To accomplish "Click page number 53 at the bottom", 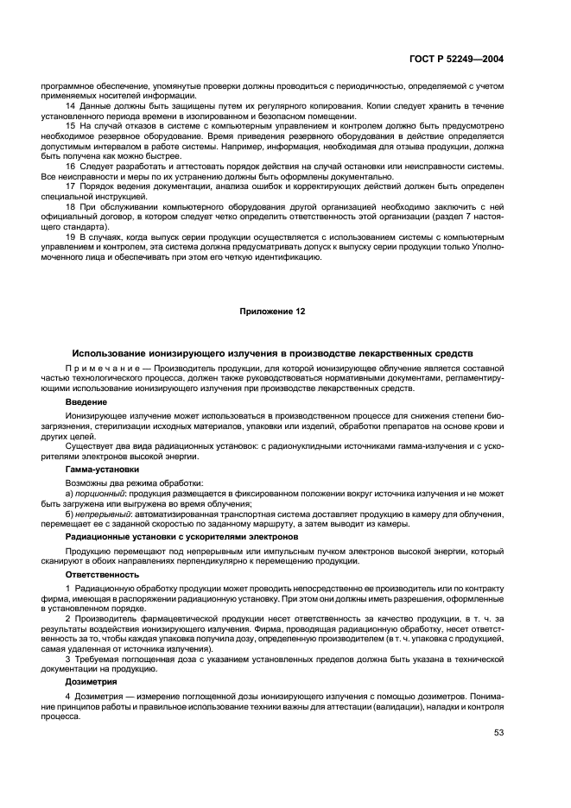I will point(498,733).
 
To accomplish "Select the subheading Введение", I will point(86,402).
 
